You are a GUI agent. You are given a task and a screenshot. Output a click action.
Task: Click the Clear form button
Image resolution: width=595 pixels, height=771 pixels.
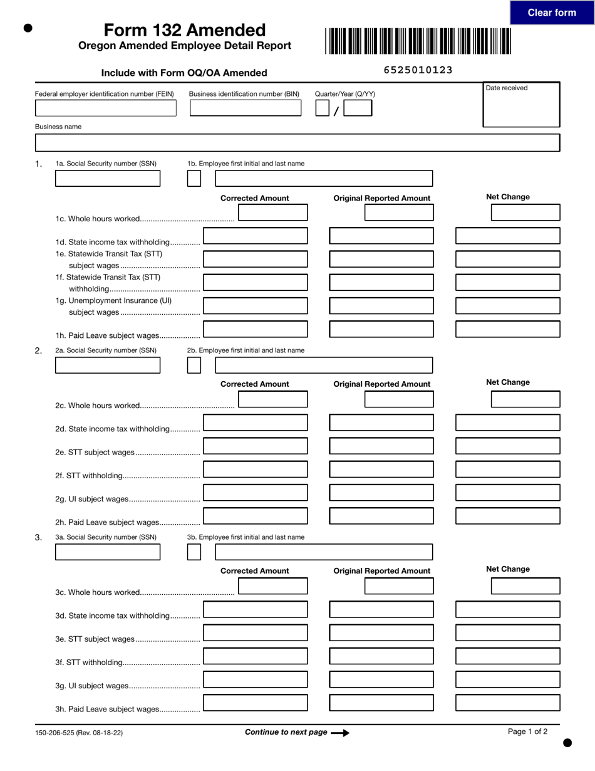click(551, 13)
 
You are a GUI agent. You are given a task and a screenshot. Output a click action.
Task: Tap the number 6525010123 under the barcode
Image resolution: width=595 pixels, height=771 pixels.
click(418, 70)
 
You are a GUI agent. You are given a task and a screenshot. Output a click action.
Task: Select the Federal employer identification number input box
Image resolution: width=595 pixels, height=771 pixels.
click(105, 108)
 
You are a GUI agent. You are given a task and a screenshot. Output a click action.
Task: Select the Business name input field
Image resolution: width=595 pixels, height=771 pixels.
click(297, 143)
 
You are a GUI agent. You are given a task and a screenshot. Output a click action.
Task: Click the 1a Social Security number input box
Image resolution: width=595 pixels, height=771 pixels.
click(108, 179)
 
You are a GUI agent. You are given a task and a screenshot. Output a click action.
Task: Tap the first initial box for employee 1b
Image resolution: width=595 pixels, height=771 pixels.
click(194, 179)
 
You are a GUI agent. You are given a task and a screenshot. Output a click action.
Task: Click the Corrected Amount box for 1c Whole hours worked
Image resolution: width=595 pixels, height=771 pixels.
click(273, 212)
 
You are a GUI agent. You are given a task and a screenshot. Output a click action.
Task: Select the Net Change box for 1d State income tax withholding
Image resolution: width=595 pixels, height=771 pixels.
click(507, 236)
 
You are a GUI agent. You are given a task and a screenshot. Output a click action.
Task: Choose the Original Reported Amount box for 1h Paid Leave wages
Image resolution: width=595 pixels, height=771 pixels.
click(381, 329)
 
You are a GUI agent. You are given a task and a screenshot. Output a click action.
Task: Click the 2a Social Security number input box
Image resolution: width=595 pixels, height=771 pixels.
click(108, 365)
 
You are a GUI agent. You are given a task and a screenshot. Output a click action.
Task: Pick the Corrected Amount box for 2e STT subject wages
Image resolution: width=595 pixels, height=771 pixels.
click(256, 446)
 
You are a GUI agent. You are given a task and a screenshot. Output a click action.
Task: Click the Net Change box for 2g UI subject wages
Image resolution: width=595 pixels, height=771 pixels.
click(507, 493)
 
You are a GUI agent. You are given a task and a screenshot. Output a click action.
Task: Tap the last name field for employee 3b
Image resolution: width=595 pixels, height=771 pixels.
click(323, 552)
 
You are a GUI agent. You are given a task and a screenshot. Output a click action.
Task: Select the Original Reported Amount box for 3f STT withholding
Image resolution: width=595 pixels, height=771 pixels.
click(381, 656)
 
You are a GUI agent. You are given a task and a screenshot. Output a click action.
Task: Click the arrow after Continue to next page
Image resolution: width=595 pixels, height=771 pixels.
click(340, 732)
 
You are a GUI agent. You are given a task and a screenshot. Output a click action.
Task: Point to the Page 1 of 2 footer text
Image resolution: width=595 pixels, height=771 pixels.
click(527, 731)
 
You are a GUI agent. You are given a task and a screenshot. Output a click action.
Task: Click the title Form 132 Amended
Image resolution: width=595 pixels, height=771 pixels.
click(185, 30)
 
